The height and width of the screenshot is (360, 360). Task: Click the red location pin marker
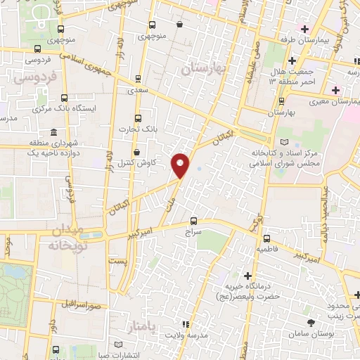(182, 165)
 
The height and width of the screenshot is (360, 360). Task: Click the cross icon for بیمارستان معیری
(335, 90)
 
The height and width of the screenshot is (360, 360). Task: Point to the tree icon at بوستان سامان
(310, 321)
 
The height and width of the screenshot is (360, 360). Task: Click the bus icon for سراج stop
(193, 221)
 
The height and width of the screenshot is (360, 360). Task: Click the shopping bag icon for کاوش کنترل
(136, 150)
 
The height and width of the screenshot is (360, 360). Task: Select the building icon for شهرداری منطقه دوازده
(54, 133)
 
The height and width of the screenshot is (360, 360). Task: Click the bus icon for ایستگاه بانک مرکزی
(65, 98)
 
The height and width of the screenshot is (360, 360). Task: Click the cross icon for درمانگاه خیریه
(247, 275)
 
